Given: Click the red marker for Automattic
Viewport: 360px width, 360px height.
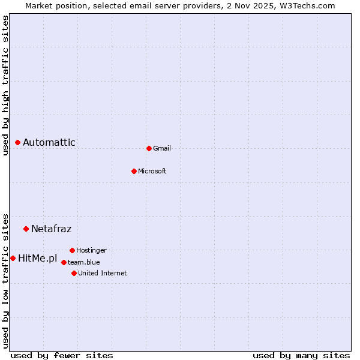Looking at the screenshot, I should (18, 142).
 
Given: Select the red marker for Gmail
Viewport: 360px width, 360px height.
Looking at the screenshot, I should (149, 148).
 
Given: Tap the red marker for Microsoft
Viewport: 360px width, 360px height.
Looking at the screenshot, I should (134, 171).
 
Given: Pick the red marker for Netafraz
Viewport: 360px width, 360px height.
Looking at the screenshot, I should (26, 229).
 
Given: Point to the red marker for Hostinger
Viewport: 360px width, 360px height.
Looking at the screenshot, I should (72, 250).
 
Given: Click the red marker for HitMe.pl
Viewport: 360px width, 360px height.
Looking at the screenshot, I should (13, 258).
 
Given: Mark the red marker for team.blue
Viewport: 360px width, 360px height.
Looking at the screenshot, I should (64, 262).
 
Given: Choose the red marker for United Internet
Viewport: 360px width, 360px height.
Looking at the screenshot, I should (74, 273).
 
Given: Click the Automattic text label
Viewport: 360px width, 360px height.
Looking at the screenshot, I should (49, 142).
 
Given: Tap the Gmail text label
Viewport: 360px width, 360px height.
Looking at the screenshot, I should (162, 148).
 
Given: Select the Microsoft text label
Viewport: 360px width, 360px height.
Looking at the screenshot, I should (152, 171).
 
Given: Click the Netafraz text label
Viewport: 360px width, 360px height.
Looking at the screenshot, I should (52, 229).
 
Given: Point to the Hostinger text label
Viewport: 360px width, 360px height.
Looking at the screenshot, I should (91, 250).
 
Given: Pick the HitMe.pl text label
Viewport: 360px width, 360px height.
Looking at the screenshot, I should (38, 259).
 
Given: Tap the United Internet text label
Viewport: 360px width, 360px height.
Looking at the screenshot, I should (103, 273).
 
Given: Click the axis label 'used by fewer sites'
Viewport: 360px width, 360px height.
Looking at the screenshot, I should (62, 355).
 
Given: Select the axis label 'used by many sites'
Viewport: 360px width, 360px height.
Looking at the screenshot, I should (301, 355).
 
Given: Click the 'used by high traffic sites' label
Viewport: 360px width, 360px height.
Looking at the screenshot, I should (5, 85).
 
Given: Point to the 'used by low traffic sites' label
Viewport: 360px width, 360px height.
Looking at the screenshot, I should (5, 280).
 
